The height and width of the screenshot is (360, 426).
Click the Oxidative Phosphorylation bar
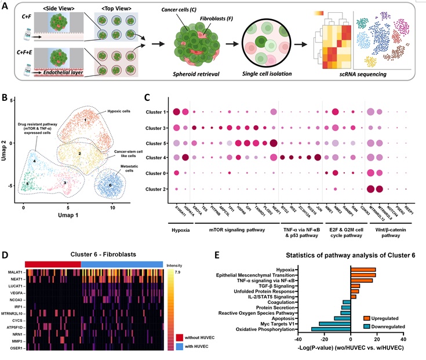(331, 329)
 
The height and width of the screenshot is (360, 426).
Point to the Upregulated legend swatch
(367, 319)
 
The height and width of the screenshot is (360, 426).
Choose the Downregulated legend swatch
(367, 326)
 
